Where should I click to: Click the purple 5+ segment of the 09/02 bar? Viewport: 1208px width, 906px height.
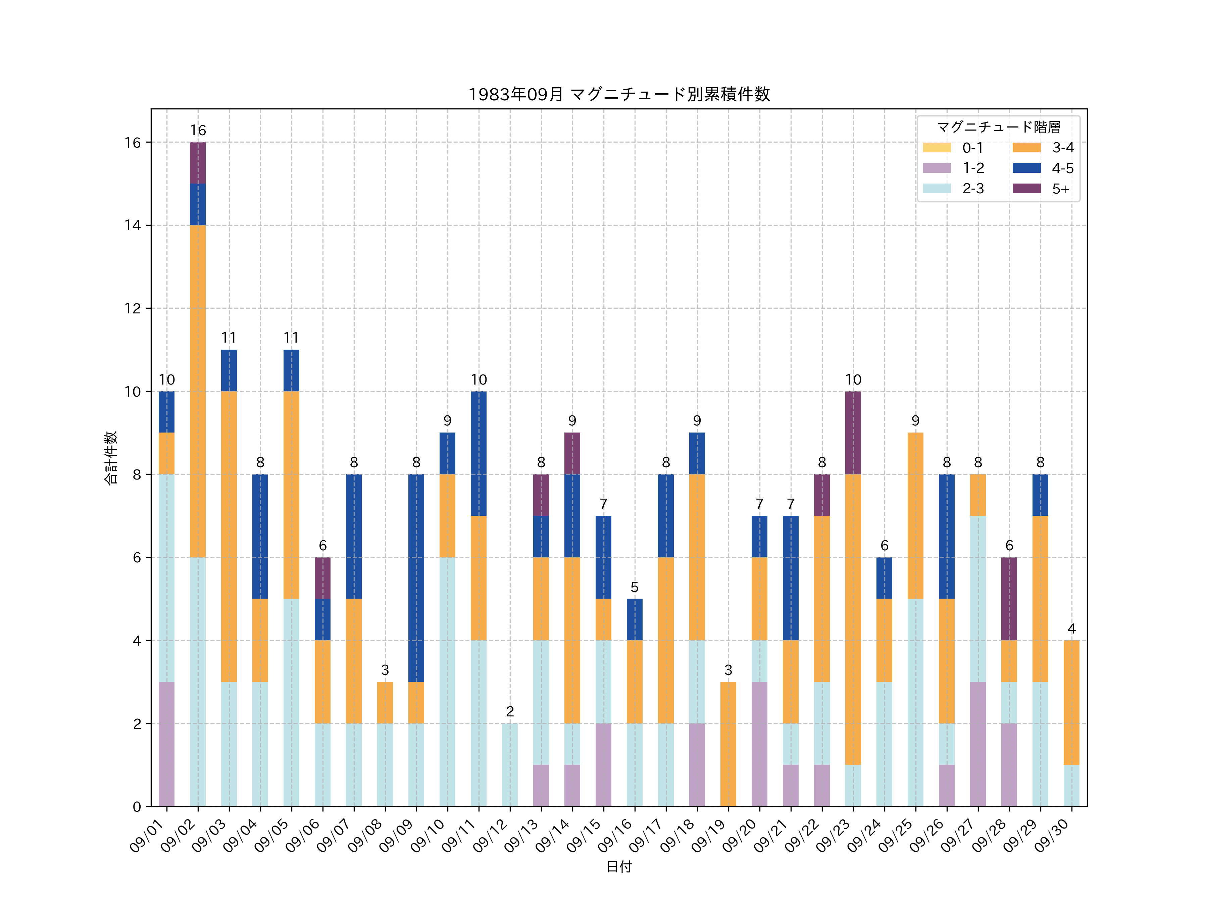coord(198,163)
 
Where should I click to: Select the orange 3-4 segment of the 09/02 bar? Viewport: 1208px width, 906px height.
coord(198,391)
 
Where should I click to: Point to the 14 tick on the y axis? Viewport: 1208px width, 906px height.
coord(133,225)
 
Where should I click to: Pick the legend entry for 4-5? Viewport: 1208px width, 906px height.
coord(1043,168)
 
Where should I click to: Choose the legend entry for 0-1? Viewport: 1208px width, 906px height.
coord(953,147)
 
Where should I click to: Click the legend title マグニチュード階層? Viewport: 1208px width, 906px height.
coord(998,127)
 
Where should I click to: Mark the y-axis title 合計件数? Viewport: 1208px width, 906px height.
coord(111,458)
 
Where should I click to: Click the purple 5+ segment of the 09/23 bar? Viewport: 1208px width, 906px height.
coord(853,433)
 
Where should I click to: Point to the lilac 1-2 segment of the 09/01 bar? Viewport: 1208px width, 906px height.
coord(166,744)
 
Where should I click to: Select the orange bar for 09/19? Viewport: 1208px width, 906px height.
coord(728,744)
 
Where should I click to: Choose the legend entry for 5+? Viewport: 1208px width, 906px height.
coord(1043,189)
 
